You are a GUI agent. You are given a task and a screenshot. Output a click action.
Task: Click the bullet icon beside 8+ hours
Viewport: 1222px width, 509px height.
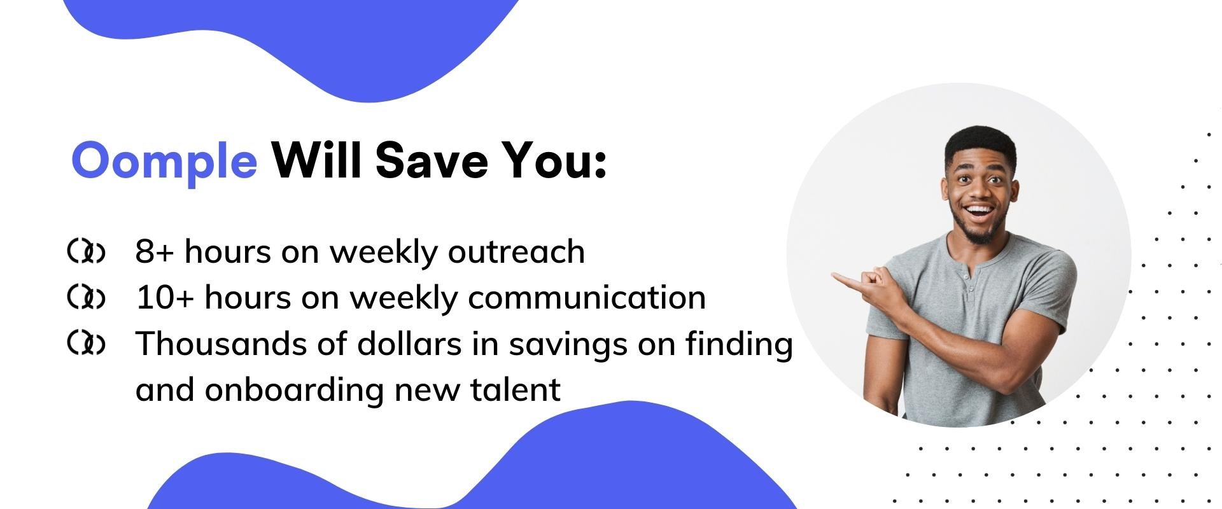86,252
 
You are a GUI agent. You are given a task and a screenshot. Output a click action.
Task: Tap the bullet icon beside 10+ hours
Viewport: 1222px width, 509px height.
86,298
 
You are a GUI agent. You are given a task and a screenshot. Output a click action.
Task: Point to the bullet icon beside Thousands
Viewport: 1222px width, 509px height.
86,344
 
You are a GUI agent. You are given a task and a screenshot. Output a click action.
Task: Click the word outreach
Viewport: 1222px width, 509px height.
516,251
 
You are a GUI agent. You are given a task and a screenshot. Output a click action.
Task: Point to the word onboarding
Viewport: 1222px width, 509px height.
295,390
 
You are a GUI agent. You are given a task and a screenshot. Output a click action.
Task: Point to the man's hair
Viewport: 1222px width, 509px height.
980,141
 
